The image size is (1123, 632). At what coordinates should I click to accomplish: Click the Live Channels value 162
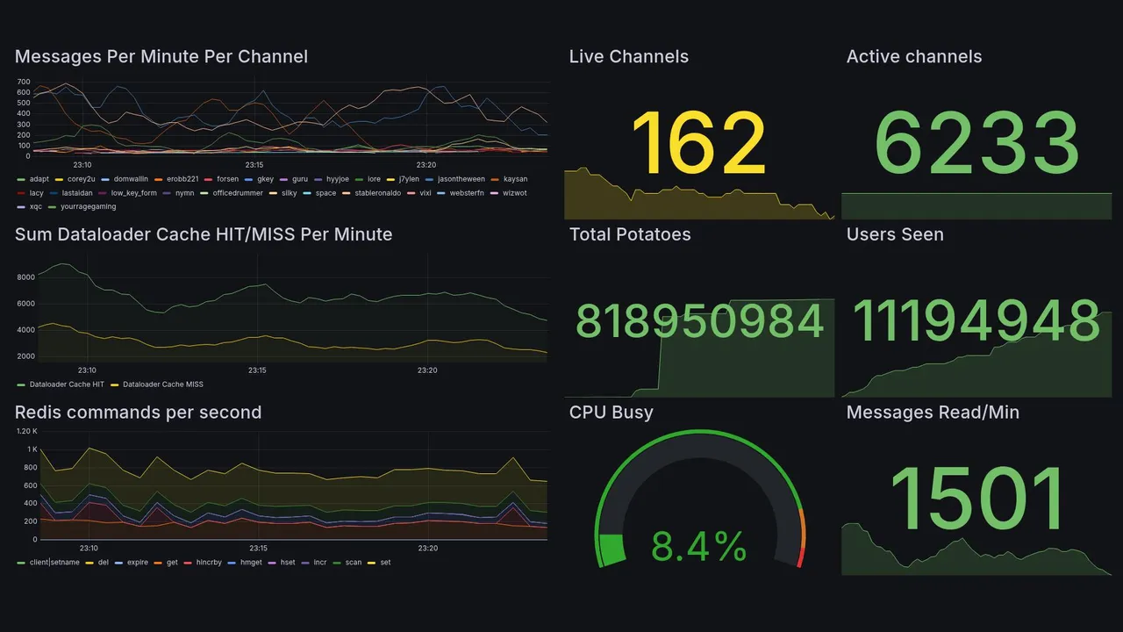coord(698,143)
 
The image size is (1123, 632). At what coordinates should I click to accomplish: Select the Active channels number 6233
coord(976,143)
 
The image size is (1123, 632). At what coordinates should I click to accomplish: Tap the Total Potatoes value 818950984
coord(699,321)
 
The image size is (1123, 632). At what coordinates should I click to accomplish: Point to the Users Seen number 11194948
coord(976,321)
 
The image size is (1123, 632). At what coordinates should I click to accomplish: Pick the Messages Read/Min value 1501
coord(976,501)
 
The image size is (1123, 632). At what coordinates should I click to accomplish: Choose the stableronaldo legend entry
coord(377,193)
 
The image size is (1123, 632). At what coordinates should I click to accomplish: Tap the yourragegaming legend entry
coord(87,207)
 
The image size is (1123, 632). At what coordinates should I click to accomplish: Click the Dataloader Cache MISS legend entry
coord(162,384)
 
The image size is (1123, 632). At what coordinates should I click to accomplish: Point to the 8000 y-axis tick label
coord(25,277)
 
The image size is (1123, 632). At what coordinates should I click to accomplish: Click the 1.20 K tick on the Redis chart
coord(27,431)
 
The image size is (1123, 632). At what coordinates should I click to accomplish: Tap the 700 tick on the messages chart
coord(23,82)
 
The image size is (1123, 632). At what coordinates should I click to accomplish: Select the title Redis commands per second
coord(138,413)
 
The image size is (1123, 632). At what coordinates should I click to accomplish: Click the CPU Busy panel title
coord(611,413)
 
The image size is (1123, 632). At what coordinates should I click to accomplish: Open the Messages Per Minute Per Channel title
coord(161,57)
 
